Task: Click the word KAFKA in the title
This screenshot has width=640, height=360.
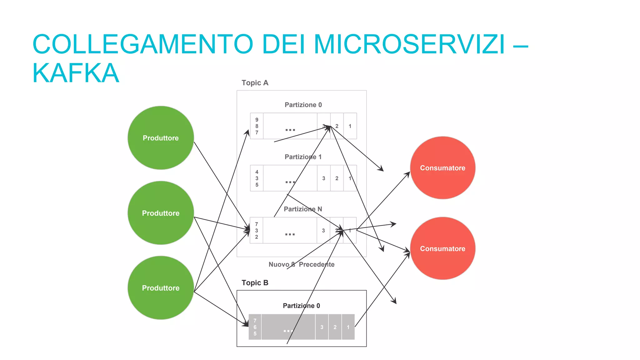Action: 76,73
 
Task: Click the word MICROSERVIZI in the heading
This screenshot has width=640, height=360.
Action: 409,44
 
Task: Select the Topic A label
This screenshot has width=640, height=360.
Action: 255,83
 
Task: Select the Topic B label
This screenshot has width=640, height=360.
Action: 255,283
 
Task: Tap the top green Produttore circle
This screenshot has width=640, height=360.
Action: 161,138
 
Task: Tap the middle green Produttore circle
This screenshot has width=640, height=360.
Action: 161,213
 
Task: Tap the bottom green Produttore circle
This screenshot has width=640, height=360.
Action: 161,288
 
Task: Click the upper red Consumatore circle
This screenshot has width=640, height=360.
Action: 442,168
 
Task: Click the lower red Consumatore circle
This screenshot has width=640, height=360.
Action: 442,248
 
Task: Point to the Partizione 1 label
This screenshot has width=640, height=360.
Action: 303,157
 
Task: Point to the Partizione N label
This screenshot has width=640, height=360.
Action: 302,209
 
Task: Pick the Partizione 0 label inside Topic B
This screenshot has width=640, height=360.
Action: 301,306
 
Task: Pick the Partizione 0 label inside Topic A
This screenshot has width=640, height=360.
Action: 303,105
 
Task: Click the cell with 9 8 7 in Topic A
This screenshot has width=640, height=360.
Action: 257,126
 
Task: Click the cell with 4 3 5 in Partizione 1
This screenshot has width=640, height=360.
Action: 257,178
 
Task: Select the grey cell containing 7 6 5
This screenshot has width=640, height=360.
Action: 255,327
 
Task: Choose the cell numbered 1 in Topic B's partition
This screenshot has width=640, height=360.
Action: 348,327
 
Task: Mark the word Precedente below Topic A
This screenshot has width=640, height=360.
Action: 316,264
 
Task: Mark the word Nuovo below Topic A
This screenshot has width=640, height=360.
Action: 279,264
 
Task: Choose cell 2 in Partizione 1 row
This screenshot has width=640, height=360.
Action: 337,178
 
